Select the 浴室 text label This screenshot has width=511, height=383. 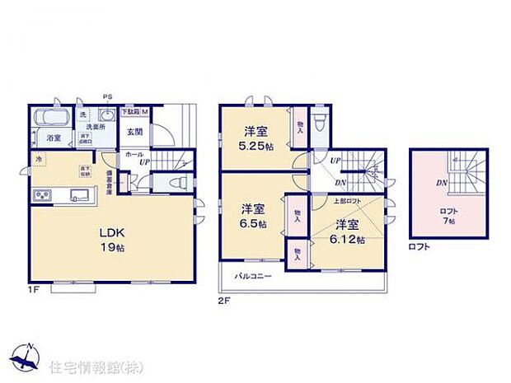tap(54, 138)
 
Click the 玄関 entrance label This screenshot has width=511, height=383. tap(135, 130)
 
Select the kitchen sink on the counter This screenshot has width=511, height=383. tap(80, 195)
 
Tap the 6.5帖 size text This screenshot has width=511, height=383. tap(253, 223)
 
